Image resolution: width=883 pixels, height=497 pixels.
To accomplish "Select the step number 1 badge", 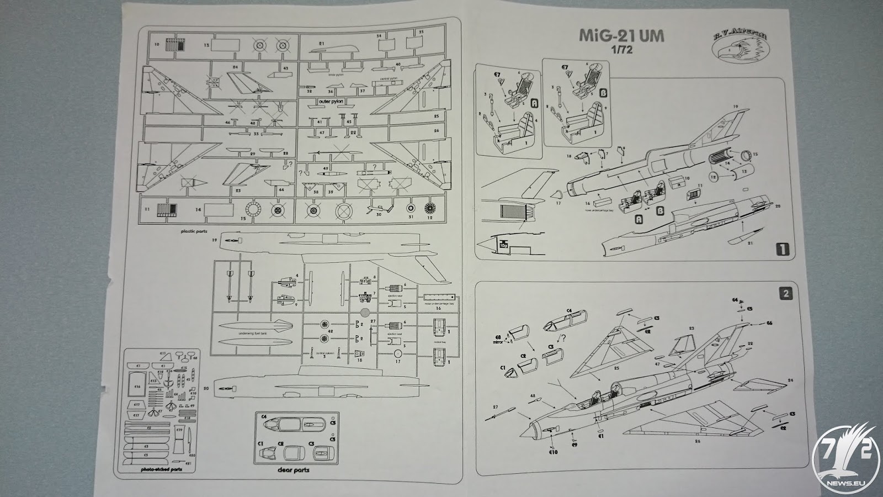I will point(782,249).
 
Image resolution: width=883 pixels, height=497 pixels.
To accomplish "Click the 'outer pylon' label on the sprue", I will point(331,102).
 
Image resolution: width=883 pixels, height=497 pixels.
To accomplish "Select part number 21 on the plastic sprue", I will point(321,43).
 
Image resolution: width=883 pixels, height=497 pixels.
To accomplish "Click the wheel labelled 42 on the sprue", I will point(324,331).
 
